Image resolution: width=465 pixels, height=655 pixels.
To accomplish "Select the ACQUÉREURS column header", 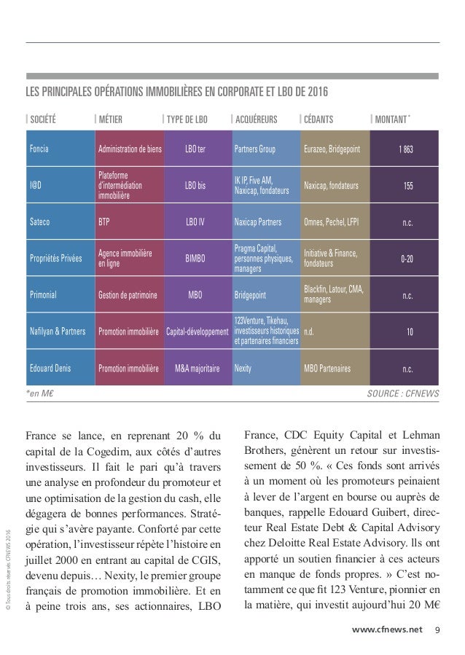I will pyautogui.click(x=255, y=119).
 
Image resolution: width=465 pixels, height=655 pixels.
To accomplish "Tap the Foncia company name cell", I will pyautogui.click(x=40, y=150).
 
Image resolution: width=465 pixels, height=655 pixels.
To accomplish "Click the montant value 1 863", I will pyautogui.click(x=406, y=150).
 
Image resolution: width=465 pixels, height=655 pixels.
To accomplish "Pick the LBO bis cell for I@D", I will pyautogui.click(x=195, y=186).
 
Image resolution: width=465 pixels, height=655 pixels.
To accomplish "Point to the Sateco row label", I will pyautogui.click(x=42, y=221).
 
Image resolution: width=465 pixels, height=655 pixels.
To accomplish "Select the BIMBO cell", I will pyautogui.click(x=195, y=258).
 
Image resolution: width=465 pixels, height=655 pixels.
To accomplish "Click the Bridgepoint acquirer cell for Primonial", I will pyautogui.click(x=250, y=297).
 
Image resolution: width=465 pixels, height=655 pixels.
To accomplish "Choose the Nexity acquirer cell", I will pyautogui.click(x=243, y=369).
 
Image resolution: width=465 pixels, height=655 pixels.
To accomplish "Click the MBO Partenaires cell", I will pyautogui.click(x=328, y=369).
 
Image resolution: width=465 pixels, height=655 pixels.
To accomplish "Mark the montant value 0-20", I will pyautogui.click(x=407, y=258).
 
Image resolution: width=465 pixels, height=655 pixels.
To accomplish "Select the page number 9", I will pyautogui.click(x=437, y=629).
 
